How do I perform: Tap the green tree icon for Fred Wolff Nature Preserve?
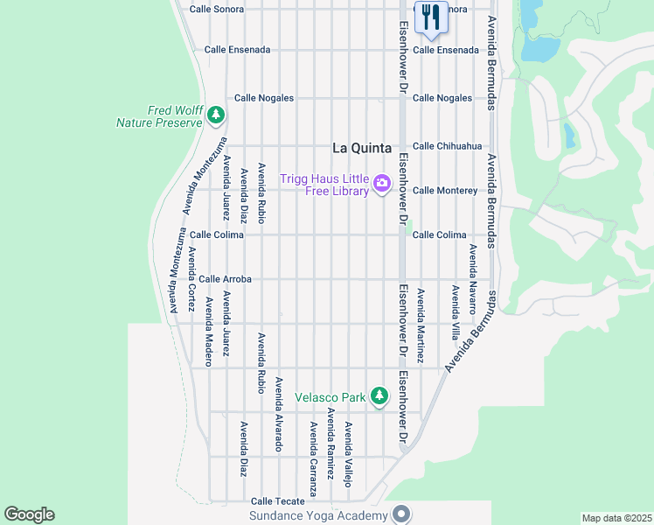click(216, 115)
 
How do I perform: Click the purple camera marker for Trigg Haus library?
click(381, 184)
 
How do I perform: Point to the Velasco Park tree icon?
click(379, 396)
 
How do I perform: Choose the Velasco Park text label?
click(330, 397)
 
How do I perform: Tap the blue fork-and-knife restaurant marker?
click(431, 17)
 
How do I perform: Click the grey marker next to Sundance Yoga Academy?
click(401, 514)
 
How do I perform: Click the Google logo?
click(29, 514)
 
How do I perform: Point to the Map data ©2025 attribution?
click(617, 518)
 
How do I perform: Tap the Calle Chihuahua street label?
click(447, 146)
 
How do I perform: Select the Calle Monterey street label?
click(445, 191)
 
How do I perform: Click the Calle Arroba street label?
click(225, 279)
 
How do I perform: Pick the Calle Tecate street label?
click(278, 501)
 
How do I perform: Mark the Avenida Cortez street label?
click(191, 270)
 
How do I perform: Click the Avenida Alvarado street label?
click(279, 414)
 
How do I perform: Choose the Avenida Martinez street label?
click(421, 325)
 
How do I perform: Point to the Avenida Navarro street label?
click(473, 279)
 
